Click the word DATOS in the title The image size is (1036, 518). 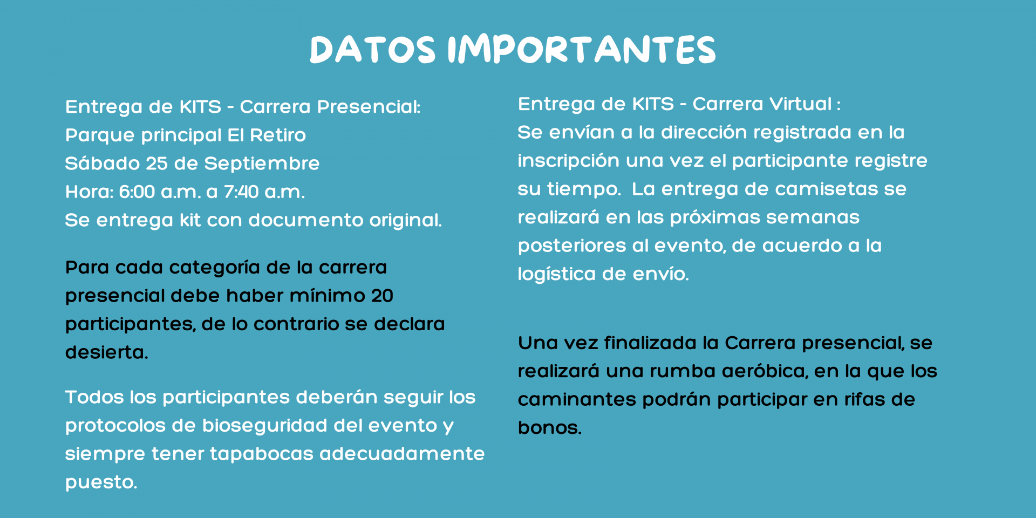tap(372, 50)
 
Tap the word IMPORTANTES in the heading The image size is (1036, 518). tap(582, 50)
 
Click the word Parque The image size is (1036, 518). tap(100, 135)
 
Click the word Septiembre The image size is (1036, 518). tap(262, 163)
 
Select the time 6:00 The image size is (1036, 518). tap(137, 192)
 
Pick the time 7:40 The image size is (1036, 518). tap(241, 192)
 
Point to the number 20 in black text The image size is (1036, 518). tap(382, 296)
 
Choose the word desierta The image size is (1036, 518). tap(106, 352)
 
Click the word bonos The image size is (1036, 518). tap(549, 427)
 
